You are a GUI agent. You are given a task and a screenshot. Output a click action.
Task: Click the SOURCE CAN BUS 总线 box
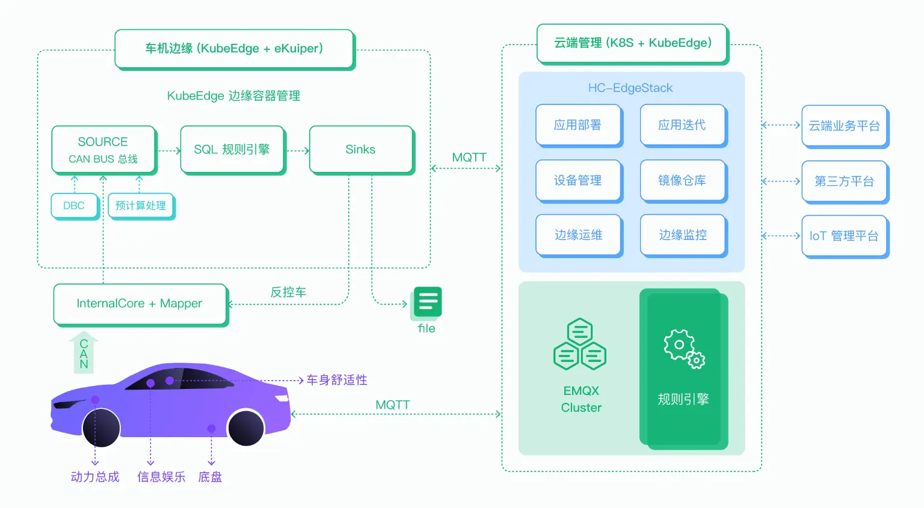[103, 150]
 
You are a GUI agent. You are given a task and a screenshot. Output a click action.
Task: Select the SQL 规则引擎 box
[232, 150]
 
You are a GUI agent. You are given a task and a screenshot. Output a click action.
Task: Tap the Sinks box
[361, 150]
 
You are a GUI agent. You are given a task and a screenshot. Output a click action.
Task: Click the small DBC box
[75, 206]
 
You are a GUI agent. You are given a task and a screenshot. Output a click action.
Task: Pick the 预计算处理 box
[141, 206]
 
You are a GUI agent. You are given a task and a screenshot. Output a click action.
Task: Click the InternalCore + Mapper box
[140, 304]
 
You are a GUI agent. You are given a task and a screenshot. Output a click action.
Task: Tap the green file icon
[428, 302]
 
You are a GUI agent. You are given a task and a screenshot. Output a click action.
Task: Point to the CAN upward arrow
[84, 353]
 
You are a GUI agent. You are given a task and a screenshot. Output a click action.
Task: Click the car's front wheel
[101, 427]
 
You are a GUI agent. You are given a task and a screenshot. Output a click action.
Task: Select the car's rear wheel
[246, 427]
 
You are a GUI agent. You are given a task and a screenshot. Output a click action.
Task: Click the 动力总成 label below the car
[95, 477]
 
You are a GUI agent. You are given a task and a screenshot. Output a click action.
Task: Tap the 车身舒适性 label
[337, 380]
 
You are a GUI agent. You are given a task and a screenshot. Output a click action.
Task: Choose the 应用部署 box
[578, 125]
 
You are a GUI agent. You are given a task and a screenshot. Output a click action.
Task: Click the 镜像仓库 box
[683, 180]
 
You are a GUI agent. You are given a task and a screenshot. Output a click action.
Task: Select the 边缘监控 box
[683, 235]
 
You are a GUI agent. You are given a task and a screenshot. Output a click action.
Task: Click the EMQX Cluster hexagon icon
[580, 344]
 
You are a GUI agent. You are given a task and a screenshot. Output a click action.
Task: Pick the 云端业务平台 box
[844, 126]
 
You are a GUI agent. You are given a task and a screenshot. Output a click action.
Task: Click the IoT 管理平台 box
[844, 236]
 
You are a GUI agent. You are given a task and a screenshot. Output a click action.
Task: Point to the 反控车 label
[288, 292]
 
